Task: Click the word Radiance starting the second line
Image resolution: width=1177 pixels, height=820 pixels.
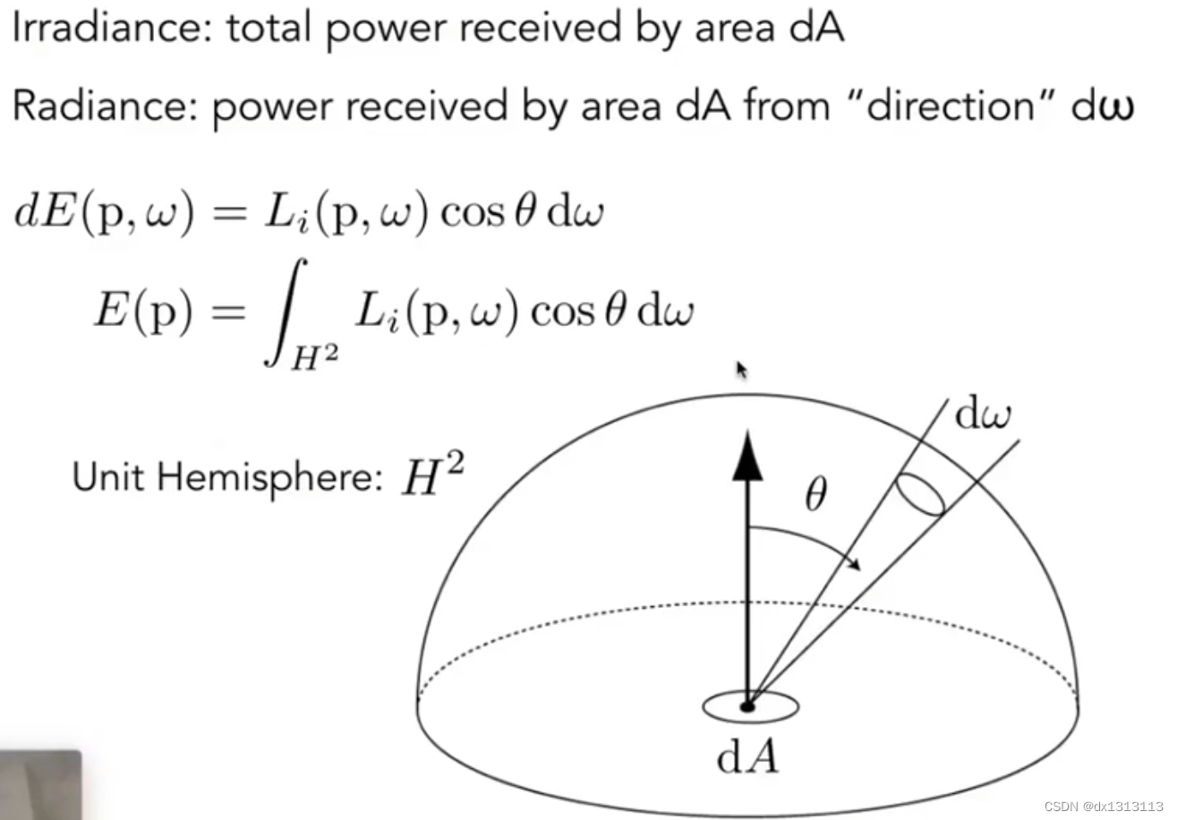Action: [x=102, y=107]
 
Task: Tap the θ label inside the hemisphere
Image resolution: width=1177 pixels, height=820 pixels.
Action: [x=815, y=495]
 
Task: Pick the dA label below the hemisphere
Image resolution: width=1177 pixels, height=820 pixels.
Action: [x=749, y=757]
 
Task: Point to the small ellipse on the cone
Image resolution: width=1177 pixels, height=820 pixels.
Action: [x=919, y=495]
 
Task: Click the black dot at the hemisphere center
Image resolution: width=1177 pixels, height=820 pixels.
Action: [x=747, y=706]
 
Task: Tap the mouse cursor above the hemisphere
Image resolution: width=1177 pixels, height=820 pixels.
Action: [x=741, y=370]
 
